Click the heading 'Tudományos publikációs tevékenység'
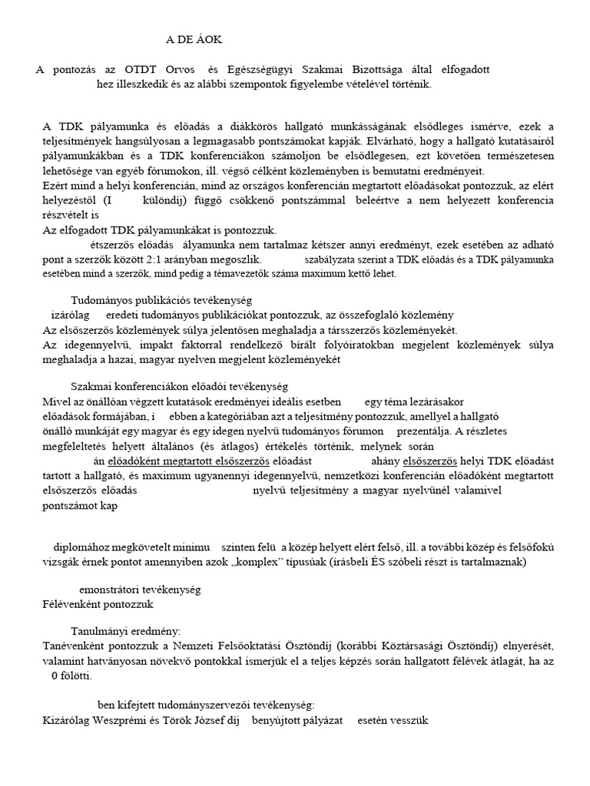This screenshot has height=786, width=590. coord(161,300)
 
